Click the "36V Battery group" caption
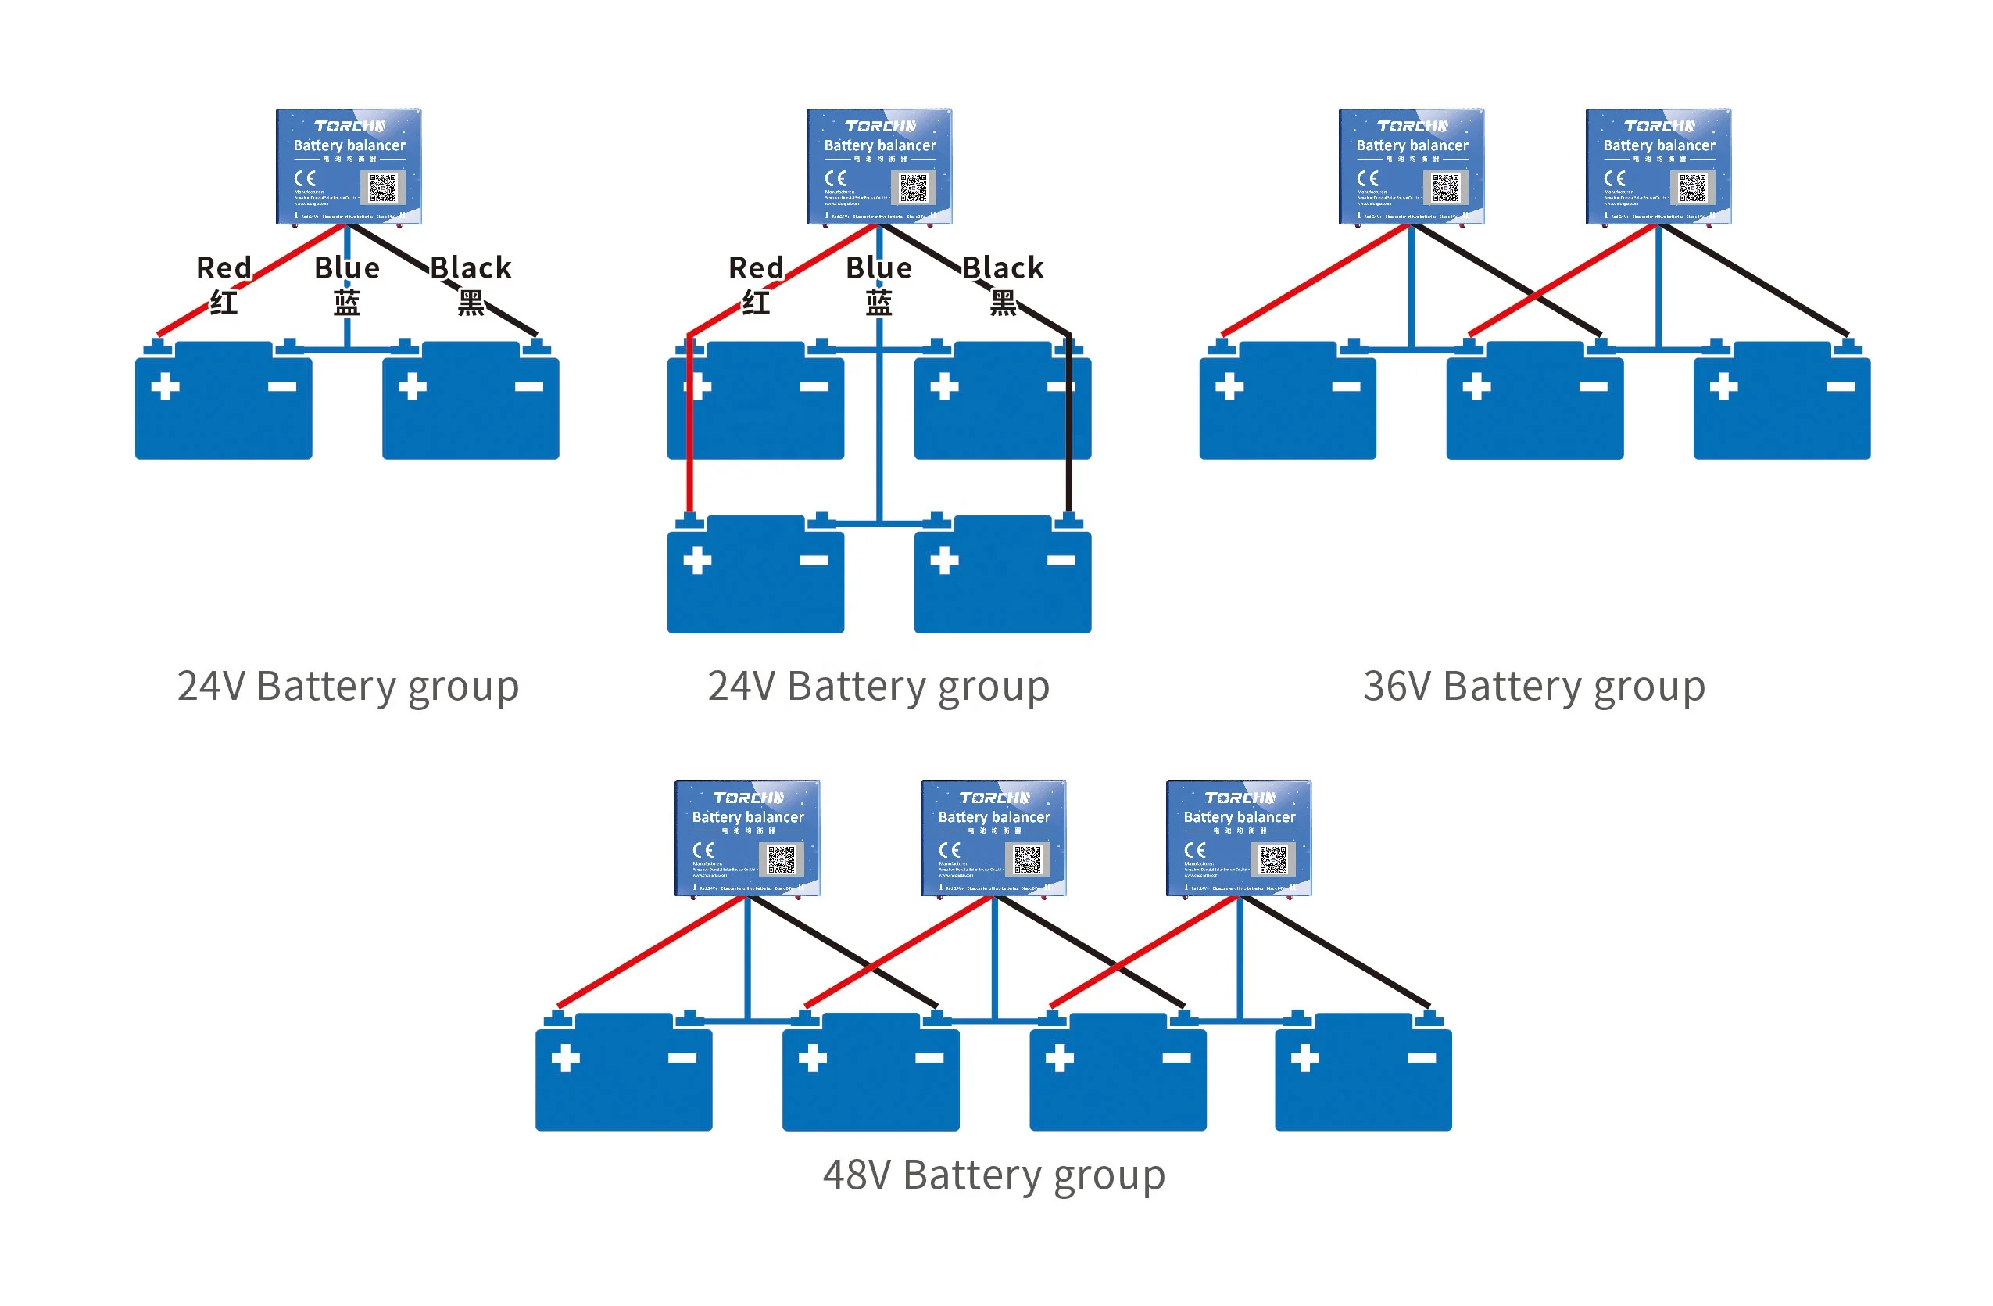1533,687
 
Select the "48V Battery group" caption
994,1175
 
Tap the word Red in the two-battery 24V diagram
224,268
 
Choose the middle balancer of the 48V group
993,838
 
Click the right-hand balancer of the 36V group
1658,166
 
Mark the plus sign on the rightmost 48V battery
1304,1058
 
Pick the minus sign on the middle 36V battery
1593,386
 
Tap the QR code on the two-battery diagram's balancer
383,188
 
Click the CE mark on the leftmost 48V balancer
703,850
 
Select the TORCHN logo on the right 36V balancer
1658,126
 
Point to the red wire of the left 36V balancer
1315,281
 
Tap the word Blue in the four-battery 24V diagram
878,268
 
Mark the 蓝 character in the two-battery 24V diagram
347,303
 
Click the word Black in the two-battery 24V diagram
471,268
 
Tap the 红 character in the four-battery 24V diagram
757,303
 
